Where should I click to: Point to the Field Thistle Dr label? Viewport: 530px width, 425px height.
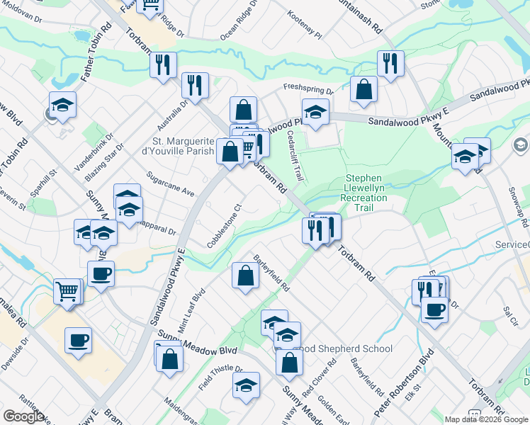pos(220,378)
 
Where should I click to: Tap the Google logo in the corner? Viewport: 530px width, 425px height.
pos(23,416)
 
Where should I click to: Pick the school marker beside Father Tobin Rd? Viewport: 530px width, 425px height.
pos(63,105)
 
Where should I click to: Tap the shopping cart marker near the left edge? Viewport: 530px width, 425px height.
pos(67,290)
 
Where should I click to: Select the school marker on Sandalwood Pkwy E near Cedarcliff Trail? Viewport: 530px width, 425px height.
pos(315,111)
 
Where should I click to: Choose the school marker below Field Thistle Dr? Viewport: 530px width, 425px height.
pos(246,385)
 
